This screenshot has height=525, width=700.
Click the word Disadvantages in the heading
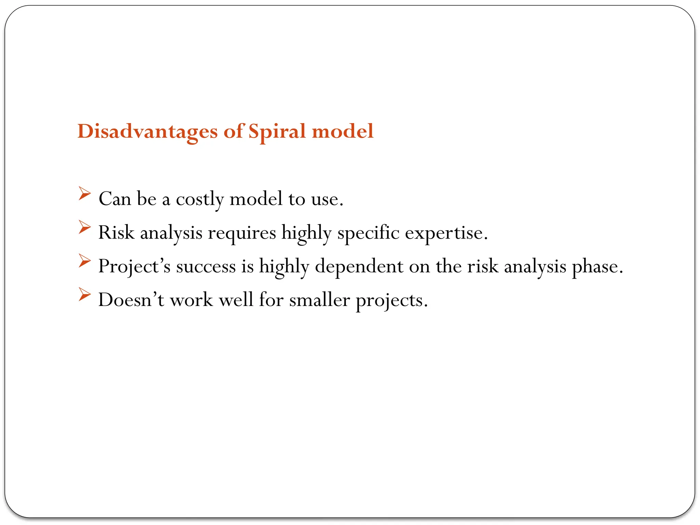147,132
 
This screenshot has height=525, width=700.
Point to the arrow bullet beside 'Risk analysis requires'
84,227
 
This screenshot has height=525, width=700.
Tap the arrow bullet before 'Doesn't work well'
84,294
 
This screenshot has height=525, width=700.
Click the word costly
200,199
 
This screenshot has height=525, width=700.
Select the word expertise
446,233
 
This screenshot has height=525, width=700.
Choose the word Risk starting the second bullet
116,233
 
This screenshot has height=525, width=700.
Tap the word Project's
134,267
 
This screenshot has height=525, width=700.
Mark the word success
206,267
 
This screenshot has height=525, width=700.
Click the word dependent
359,267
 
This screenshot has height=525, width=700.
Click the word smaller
319,300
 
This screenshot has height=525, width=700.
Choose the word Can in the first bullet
115,199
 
